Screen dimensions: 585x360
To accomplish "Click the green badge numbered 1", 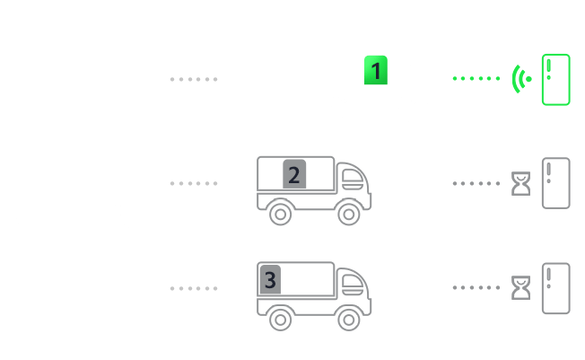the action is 376,70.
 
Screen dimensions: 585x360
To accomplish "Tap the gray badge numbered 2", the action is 294,174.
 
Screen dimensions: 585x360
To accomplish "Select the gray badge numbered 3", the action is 270,279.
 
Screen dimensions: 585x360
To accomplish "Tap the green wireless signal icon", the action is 516,79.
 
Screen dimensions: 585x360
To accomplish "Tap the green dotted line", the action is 476,78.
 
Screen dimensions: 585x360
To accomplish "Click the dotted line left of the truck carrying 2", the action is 194,183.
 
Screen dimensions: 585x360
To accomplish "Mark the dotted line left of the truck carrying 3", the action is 194,288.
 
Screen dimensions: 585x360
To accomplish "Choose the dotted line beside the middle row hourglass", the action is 476,183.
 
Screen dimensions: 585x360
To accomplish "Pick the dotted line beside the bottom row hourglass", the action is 476,287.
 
